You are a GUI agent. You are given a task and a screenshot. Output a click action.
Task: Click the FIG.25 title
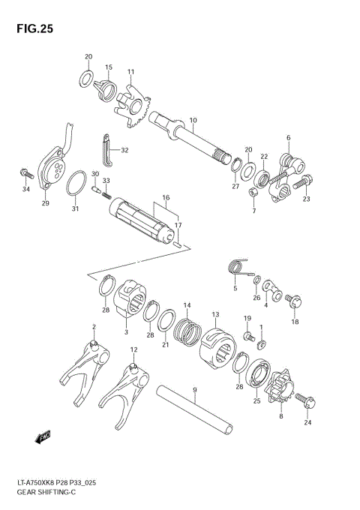click(x=31, y=29)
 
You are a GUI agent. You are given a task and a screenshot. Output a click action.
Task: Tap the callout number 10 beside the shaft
click(x=193, y=120)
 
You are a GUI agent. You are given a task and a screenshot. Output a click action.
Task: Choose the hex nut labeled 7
click(x=253, y=193)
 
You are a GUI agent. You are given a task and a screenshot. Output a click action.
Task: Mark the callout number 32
click(x=124, y=150)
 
